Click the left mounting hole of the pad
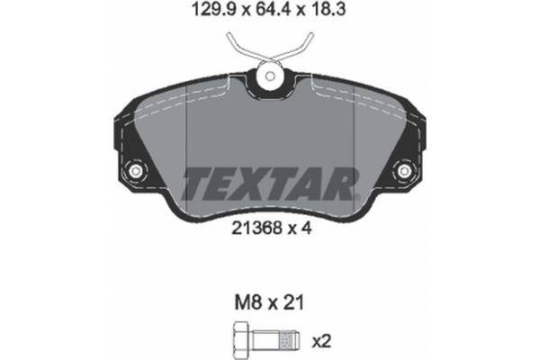(x=137, y=170)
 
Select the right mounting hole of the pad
(x=405, y=170)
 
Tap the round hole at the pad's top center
(x=271, y=78)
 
